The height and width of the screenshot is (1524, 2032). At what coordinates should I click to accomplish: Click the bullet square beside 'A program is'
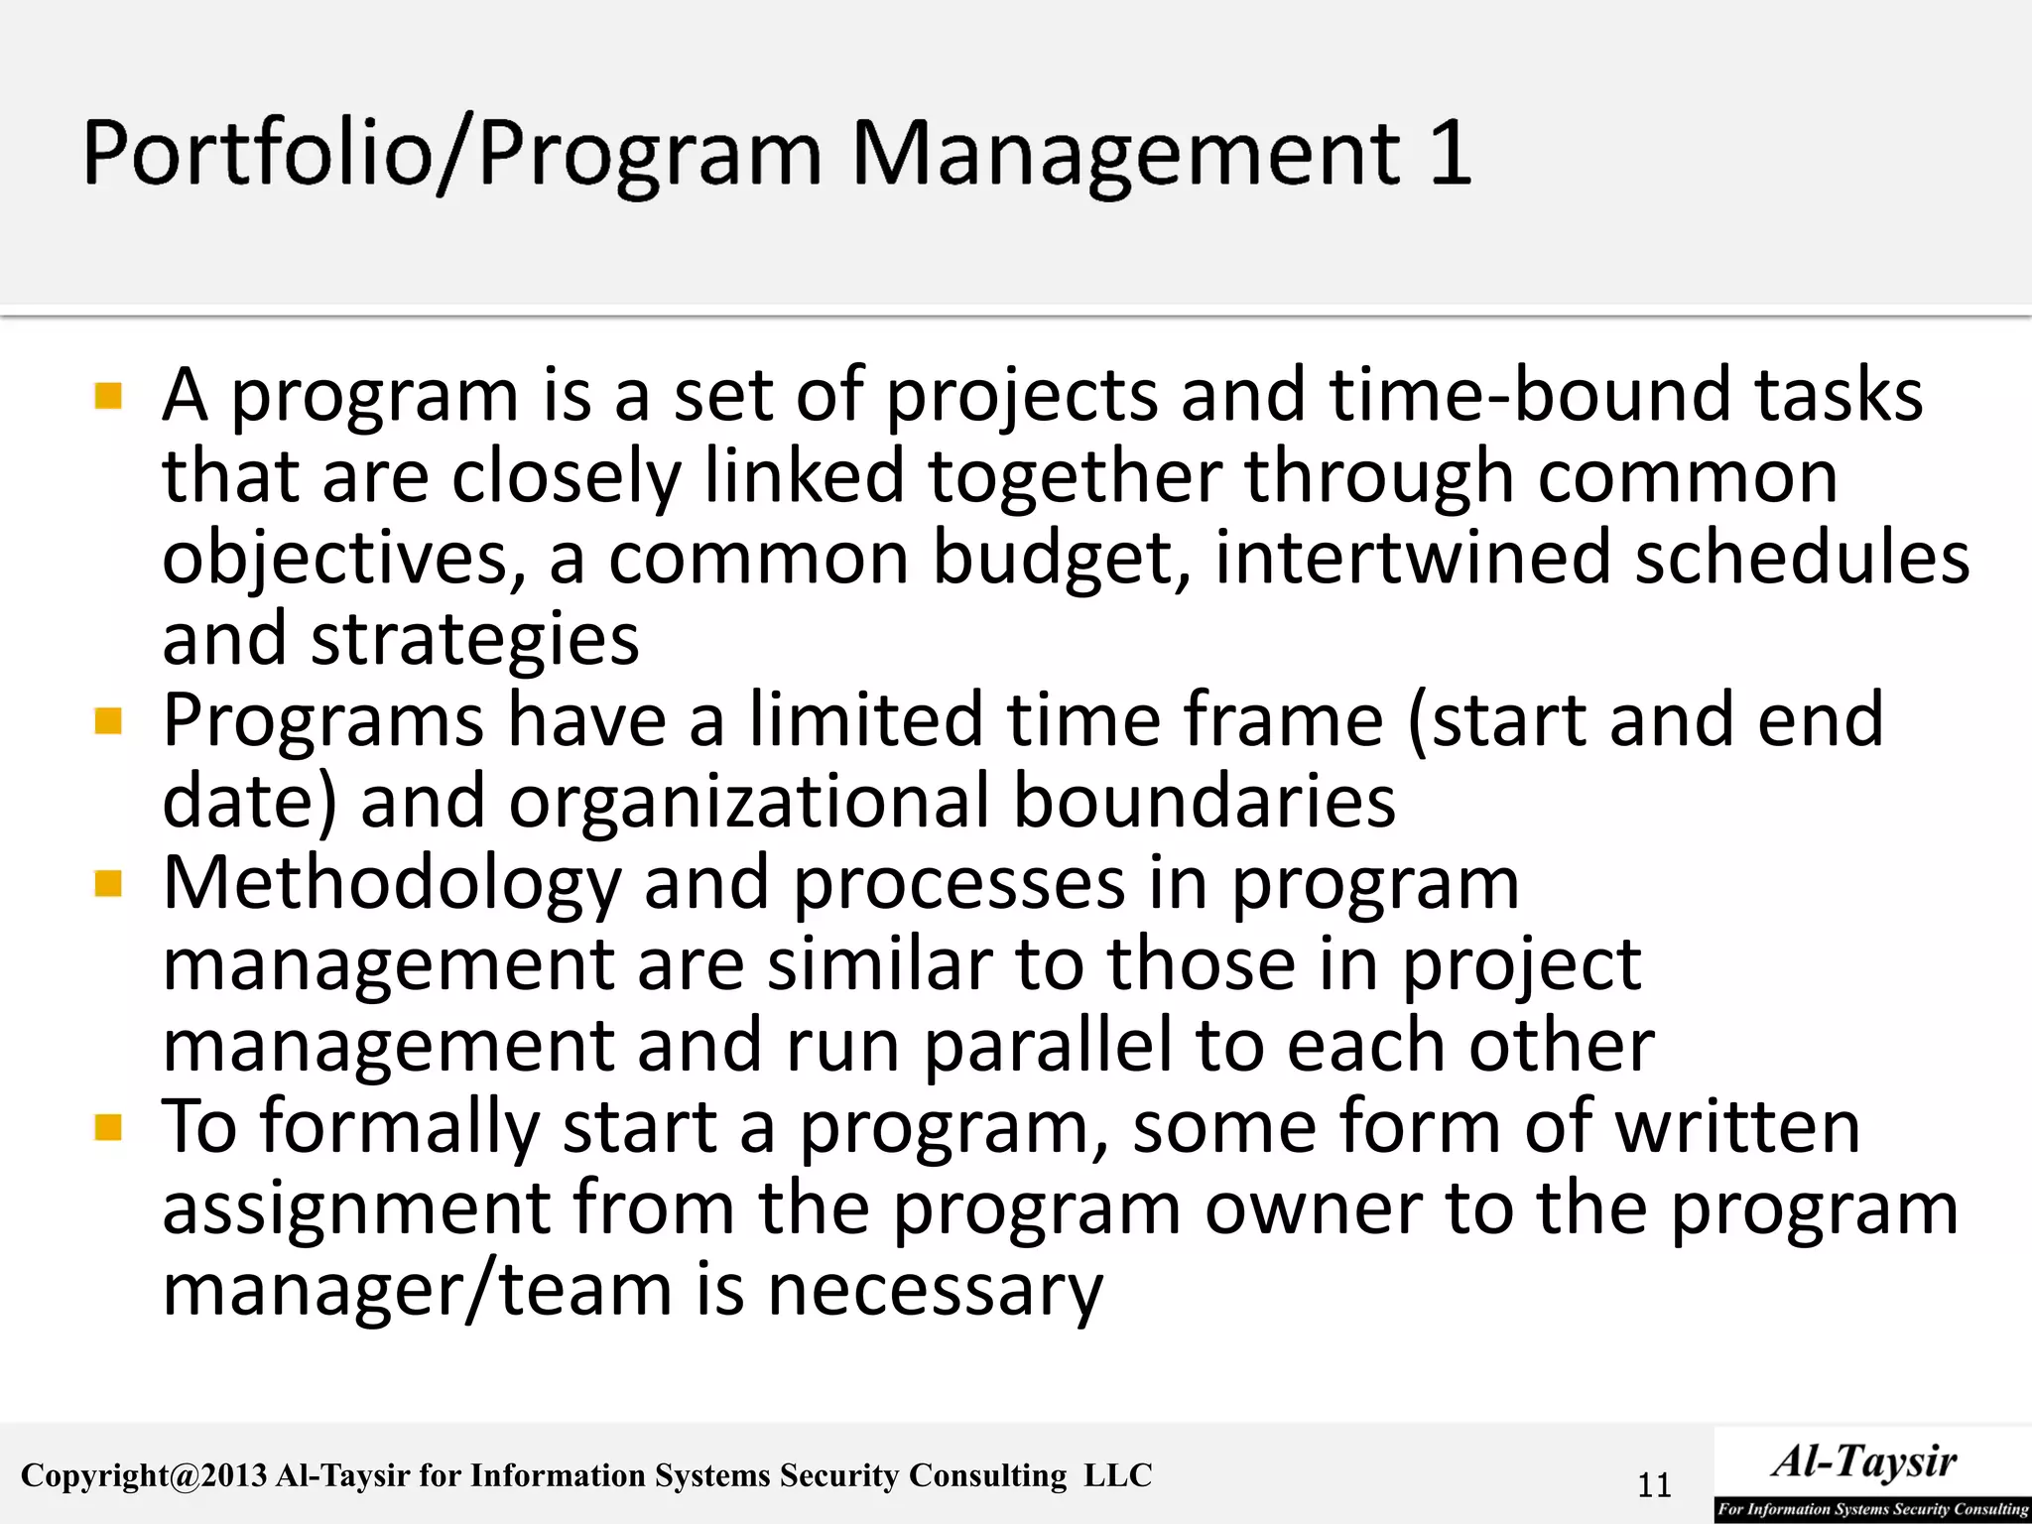pos(108,396)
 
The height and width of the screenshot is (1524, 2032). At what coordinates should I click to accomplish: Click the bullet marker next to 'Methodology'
pos(108,883)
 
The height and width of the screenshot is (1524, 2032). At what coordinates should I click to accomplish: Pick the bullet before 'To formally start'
pos(108,1127)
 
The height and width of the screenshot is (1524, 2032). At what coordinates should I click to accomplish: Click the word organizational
pos(748,802)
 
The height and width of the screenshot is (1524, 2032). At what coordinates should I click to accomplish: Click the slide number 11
pos(1654,1485)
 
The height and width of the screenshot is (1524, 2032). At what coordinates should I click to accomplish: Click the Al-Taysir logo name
pos(1864,1461)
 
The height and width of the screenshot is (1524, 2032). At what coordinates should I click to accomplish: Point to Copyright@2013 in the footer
pos(144,1476)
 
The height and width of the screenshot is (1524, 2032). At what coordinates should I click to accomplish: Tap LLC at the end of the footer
pos(1117,1475)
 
